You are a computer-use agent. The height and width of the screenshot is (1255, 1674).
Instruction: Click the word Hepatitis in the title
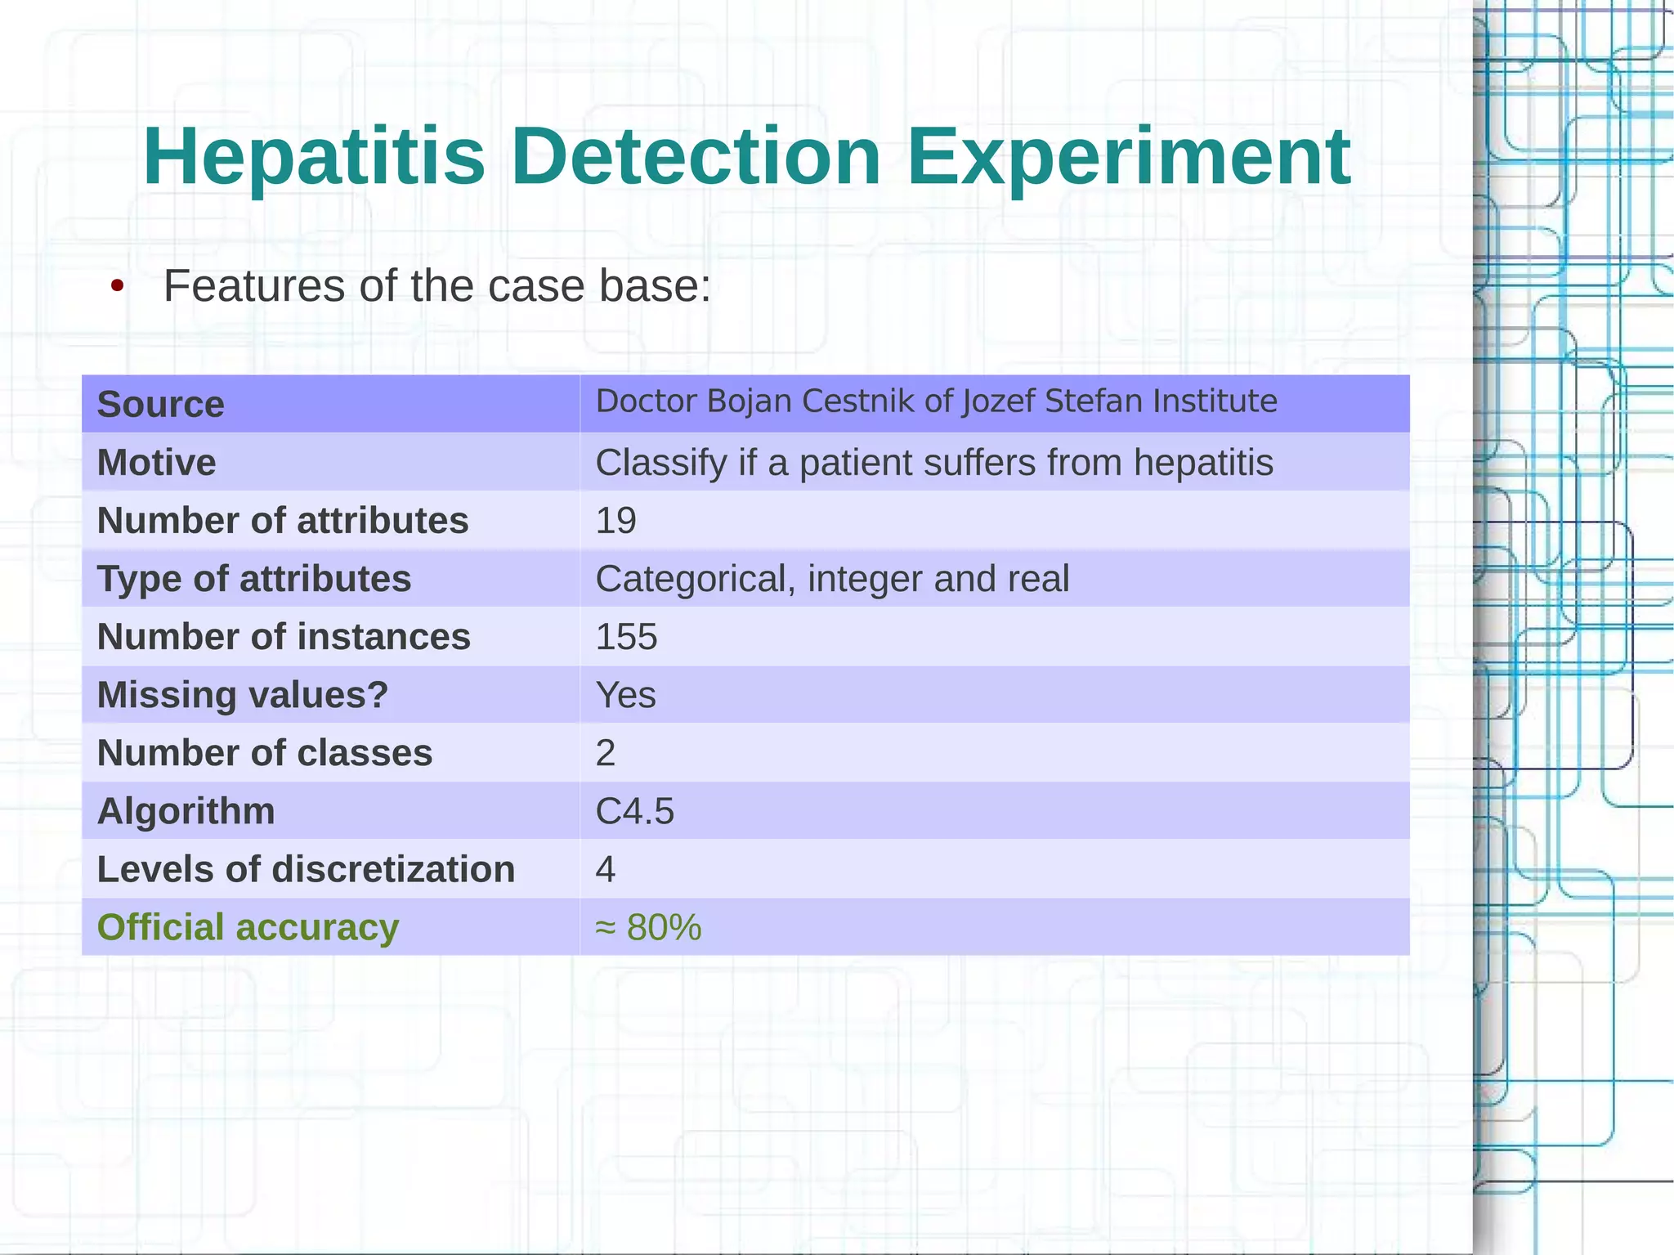click(314, 157)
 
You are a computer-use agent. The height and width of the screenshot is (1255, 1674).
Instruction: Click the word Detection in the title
click(696, 157)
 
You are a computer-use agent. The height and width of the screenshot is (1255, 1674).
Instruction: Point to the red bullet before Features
click(118, 287)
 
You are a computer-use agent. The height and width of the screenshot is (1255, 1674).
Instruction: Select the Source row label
click(160, 405)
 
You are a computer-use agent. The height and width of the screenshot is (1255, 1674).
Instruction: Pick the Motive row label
click(156, 463)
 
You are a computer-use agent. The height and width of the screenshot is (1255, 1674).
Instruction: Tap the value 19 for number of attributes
click(615, 521)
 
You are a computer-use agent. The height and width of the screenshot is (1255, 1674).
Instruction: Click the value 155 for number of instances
click(626, 637)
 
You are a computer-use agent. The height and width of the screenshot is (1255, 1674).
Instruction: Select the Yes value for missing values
click(625, 695)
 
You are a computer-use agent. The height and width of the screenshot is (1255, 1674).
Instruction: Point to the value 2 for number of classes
click(605, 753)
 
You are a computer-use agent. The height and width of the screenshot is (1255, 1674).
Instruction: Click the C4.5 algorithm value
click(634, 811)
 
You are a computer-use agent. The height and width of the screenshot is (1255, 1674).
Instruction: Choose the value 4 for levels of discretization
click(605, 869)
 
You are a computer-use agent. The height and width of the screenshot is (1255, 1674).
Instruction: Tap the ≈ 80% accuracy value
click(648, 927)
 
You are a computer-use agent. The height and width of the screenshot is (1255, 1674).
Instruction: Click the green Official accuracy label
click(248, 927)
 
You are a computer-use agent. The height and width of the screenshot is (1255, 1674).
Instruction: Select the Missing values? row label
click(242, 695)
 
